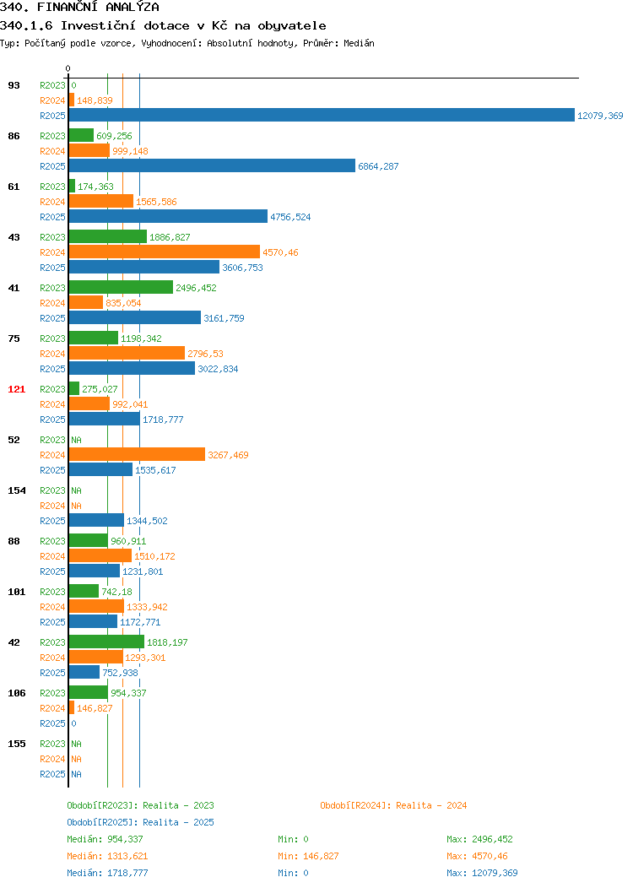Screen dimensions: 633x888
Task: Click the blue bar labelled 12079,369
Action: coord(322,115)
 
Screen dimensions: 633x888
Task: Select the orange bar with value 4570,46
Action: coord(165,252)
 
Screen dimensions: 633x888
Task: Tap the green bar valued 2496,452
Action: coord(121,287)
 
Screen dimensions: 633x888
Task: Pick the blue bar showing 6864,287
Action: coord(212,165)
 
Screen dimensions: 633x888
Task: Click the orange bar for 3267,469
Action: coord(137,454)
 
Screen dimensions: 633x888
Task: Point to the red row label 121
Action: coord(16,389)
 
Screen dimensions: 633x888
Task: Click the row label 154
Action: coord(16,490)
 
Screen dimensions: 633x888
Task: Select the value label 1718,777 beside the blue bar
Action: coord(163,420)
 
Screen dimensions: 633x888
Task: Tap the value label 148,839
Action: coord(95,100)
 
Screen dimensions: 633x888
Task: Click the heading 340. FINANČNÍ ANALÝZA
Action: coord(80,8)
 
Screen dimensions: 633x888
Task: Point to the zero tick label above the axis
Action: coord(68,68)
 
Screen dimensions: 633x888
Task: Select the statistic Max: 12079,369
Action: coord(482,873)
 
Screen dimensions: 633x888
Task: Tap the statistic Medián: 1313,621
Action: coord(107,856)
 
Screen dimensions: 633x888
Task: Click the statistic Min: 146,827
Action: coord(308,856)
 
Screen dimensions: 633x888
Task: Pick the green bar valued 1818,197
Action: coord(106,642)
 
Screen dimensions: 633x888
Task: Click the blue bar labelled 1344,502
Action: coord(96,520)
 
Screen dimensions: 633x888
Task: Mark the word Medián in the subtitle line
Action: coord(359,43)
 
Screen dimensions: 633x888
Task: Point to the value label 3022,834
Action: coord(218,369)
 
